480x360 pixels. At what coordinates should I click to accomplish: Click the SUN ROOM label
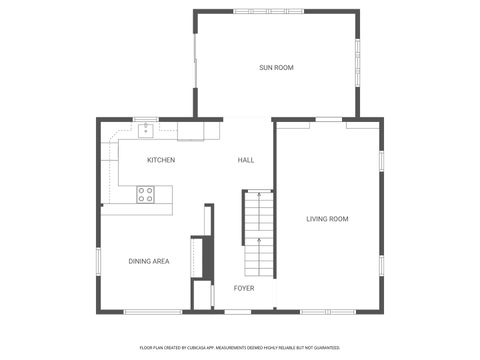[276, 67]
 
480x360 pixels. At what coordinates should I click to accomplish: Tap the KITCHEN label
[161, 160]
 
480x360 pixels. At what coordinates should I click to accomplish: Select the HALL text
[245, 160]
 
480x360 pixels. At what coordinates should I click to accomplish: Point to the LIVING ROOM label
[327, 218]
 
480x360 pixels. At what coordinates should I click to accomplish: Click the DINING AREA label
[148, 261]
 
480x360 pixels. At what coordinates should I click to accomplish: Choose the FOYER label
[244, 288]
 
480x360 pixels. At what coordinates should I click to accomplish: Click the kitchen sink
[146, 128]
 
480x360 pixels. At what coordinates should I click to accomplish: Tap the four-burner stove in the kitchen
[146, 194]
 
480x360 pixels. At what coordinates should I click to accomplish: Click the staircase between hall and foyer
[259, 234]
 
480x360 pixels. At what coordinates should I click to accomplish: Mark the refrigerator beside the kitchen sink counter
[191, 130]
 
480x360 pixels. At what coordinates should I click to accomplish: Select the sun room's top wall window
[276, 11]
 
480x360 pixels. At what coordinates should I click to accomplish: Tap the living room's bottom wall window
[327, 312]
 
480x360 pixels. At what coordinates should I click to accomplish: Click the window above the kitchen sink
[146, 118]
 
